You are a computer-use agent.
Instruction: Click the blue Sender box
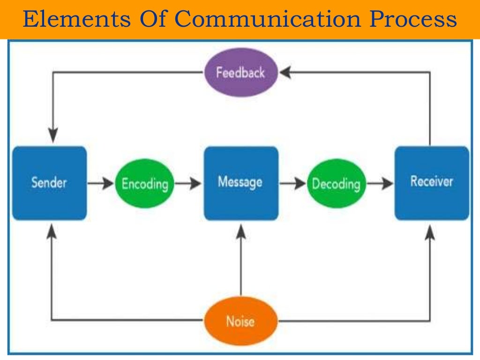(x=49, y=183)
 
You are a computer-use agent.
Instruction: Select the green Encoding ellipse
(x=144, y=183)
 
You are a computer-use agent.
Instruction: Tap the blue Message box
(x=240, y=183)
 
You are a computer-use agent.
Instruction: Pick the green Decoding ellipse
(x=336, y=183)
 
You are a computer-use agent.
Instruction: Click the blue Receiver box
(x=432, y=183)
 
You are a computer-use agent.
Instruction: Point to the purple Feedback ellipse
(x=241, y=73)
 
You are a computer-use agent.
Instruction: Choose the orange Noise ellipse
(x=240, y=321)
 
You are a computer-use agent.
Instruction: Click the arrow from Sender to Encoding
(x=100, y=183)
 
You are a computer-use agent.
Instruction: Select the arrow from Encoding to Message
(x=188, y=183)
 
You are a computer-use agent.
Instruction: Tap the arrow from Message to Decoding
(x=292, y=183)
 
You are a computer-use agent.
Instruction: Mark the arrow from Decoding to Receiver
(x=380, y=183)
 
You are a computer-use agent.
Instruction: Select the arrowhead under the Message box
(x=240, y=230)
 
